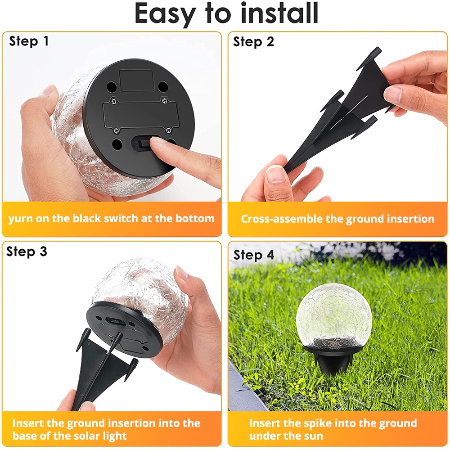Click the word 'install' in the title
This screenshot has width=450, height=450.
[279, 13]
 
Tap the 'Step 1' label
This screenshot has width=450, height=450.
[29, 41]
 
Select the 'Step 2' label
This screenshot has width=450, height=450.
[253, 42]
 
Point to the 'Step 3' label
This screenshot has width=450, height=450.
[27, 252]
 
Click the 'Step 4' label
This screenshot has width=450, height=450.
[254, 255]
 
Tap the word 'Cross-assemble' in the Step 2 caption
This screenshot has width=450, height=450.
[282, 219]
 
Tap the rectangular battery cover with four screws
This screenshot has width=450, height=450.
[140, 115]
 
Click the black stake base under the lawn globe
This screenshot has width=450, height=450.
[333, 359]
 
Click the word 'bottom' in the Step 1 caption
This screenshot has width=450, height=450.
[195, 219]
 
